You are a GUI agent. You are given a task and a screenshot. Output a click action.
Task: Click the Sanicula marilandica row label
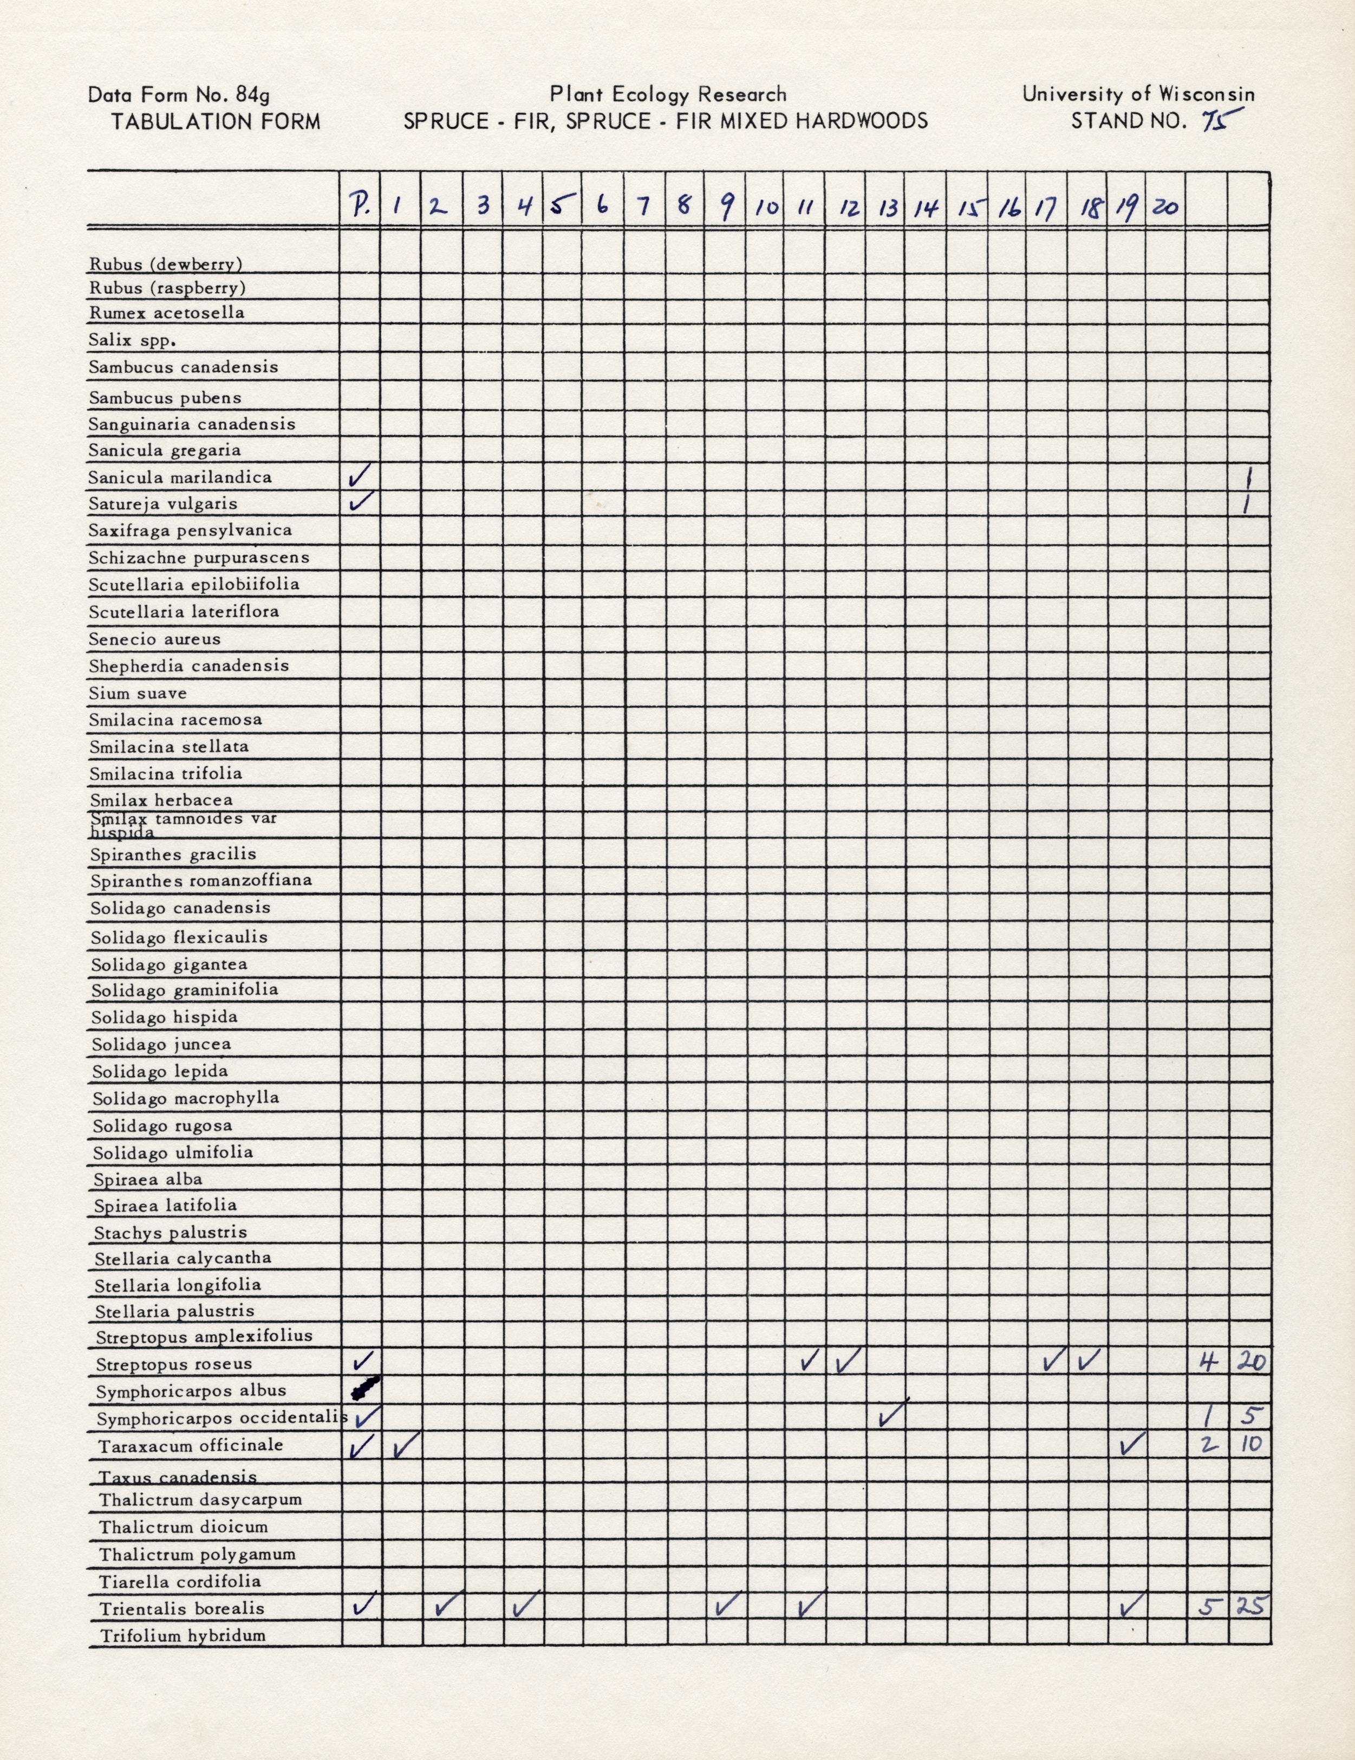(180, 477)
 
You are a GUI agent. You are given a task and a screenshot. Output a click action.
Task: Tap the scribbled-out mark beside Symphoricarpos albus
(364, 1389)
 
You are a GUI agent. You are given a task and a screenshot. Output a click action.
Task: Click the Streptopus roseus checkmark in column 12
(849, 1361)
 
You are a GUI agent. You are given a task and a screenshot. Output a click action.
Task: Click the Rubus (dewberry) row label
(166, 263)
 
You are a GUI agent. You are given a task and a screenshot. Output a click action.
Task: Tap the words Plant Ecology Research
(668, 94)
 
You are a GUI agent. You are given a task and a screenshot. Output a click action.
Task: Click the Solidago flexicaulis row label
(179, 937)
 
